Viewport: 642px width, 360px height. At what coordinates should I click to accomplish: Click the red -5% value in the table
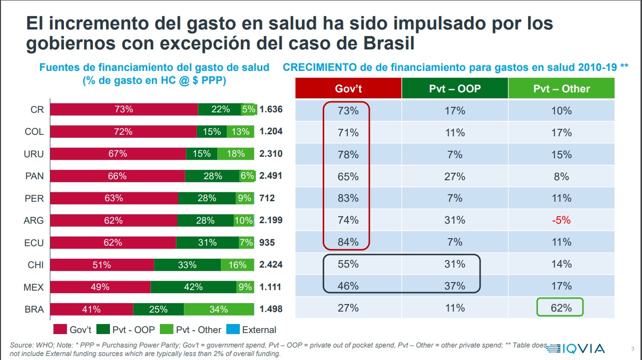point(561,220)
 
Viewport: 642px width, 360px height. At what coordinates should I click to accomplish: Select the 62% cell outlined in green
point(561,308)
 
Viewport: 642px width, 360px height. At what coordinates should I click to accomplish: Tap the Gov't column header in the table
point(348,89)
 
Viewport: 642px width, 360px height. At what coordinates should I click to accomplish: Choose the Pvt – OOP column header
point(455,89)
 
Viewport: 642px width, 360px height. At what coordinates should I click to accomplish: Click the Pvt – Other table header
point(561,89)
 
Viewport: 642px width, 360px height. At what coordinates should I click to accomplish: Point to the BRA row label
point(34,310)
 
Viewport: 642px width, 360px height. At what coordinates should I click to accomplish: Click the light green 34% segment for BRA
point(218,310)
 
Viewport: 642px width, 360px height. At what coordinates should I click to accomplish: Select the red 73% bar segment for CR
point(124,110)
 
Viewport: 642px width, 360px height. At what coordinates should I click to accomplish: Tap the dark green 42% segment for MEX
point(193,287)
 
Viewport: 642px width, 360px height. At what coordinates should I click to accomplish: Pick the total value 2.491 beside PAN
point(271,176)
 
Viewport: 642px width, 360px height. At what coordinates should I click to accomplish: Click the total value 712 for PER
point(267,198)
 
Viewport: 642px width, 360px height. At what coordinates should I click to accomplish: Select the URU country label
point(34,154)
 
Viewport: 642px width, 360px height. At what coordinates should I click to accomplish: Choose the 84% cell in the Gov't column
point(348,242)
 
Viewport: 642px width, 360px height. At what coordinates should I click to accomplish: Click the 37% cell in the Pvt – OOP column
point(455,286)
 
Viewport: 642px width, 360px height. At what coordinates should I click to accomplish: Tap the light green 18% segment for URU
point(235,154)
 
